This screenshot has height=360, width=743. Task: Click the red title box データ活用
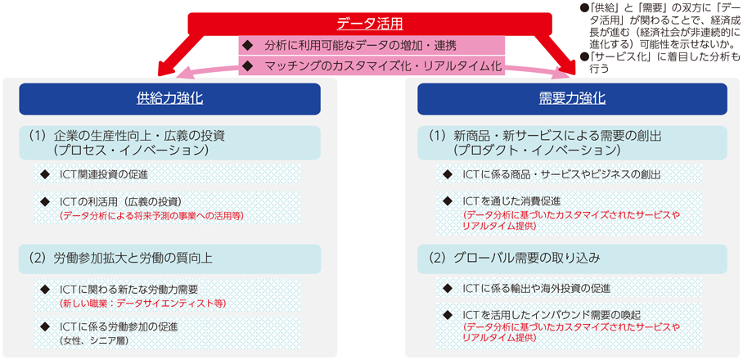pos(370,24)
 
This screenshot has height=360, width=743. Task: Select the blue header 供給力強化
pos(169,99)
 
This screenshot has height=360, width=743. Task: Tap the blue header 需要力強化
pos(572,99)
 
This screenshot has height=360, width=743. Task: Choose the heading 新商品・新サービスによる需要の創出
pos(557,137)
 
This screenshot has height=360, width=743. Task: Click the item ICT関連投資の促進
pos(104,173)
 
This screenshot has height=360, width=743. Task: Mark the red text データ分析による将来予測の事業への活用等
pos(151,215)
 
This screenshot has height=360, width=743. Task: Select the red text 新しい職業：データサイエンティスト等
pos(142,303)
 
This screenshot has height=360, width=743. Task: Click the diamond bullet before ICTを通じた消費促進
pos(447,200)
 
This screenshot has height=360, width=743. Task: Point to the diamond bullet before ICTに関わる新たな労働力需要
pos(45,288)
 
